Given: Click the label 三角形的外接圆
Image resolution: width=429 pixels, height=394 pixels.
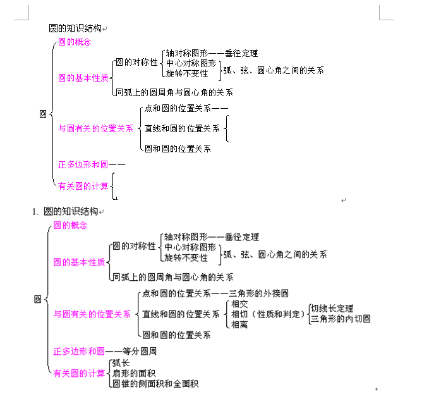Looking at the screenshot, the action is point(258,293).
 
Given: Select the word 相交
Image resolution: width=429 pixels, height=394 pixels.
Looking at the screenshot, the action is point(239,304).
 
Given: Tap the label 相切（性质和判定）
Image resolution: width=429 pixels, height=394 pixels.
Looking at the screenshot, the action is point(268,314).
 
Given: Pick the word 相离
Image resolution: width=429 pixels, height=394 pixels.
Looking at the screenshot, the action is point(239,324).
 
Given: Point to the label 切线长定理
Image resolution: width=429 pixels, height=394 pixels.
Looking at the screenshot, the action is point(332,309).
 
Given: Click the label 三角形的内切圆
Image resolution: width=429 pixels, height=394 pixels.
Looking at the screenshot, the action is point(341,319).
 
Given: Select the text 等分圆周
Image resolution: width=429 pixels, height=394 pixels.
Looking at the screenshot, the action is point(140,351).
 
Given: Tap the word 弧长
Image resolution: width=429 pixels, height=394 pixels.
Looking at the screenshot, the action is point(121,363).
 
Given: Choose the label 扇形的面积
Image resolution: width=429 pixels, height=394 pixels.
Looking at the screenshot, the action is point(134,373).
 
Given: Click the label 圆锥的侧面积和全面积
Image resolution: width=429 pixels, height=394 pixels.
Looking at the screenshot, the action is point(155,384).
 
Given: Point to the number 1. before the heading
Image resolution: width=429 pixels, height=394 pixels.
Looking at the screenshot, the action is point(35,212).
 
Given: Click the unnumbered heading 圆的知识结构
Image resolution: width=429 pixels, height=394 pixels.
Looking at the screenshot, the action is point(75,28).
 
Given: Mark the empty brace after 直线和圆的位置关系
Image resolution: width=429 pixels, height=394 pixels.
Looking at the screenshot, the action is point(227,128).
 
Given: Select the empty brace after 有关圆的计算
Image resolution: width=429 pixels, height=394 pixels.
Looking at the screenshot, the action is point(112,186).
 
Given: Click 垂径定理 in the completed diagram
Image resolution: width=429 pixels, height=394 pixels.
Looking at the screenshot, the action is point(242,237).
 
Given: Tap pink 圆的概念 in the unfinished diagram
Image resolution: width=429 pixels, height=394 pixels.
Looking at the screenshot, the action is point(75,42).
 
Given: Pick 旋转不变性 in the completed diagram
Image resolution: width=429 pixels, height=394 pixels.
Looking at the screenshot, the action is point(186,257).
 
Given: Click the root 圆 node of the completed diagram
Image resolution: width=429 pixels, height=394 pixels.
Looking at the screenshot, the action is point(38,299).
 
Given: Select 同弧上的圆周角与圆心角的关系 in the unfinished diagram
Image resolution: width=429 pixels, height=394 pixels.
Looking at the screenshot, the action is point(174,92).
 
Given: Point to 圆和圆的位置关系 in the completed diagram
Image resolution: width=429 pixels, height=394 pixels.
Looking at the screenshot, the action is point(176,335).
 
